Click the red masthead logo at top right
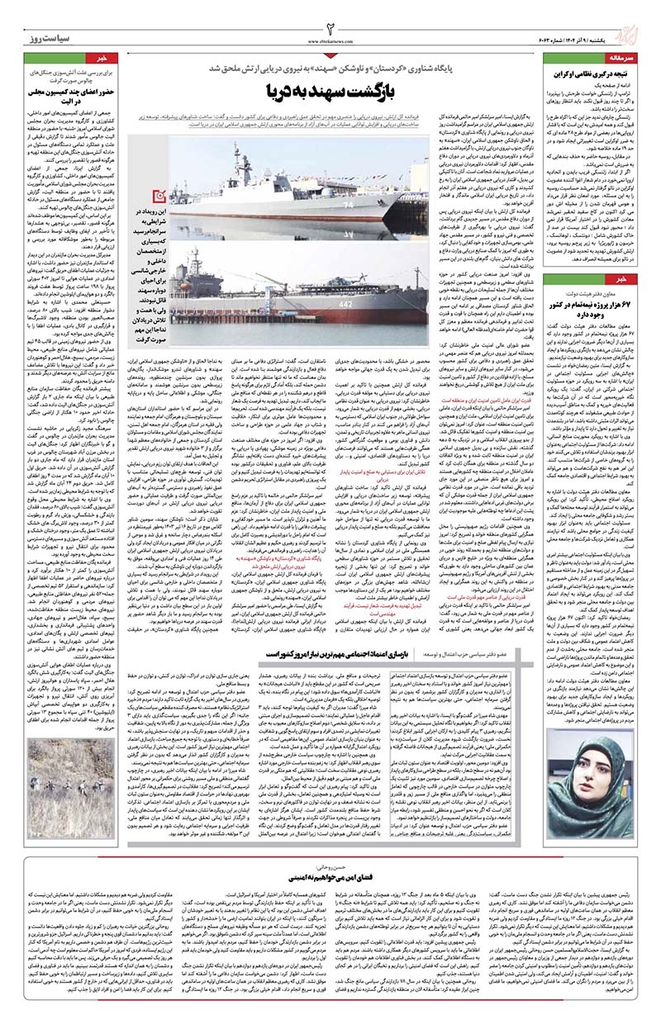[634, 31]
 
